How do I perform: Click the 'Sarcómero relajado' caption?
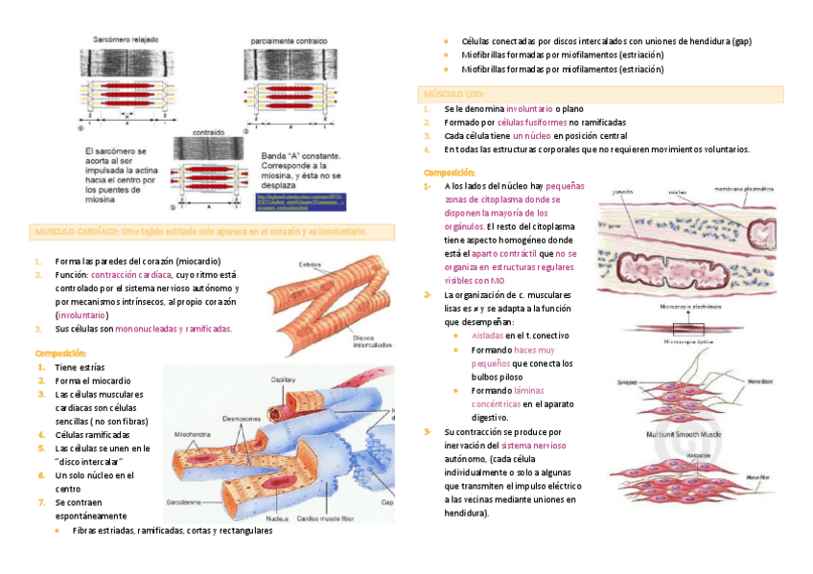click(126, 39)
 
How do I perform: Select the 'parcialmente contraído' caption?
click(289, 42)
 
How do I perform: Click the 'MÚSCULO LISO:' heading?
click(456, 94)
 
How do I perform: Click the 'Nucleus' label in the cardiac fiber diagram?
click(278, 518)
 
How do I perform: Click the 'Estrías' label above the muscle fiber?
click(310, 264)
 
